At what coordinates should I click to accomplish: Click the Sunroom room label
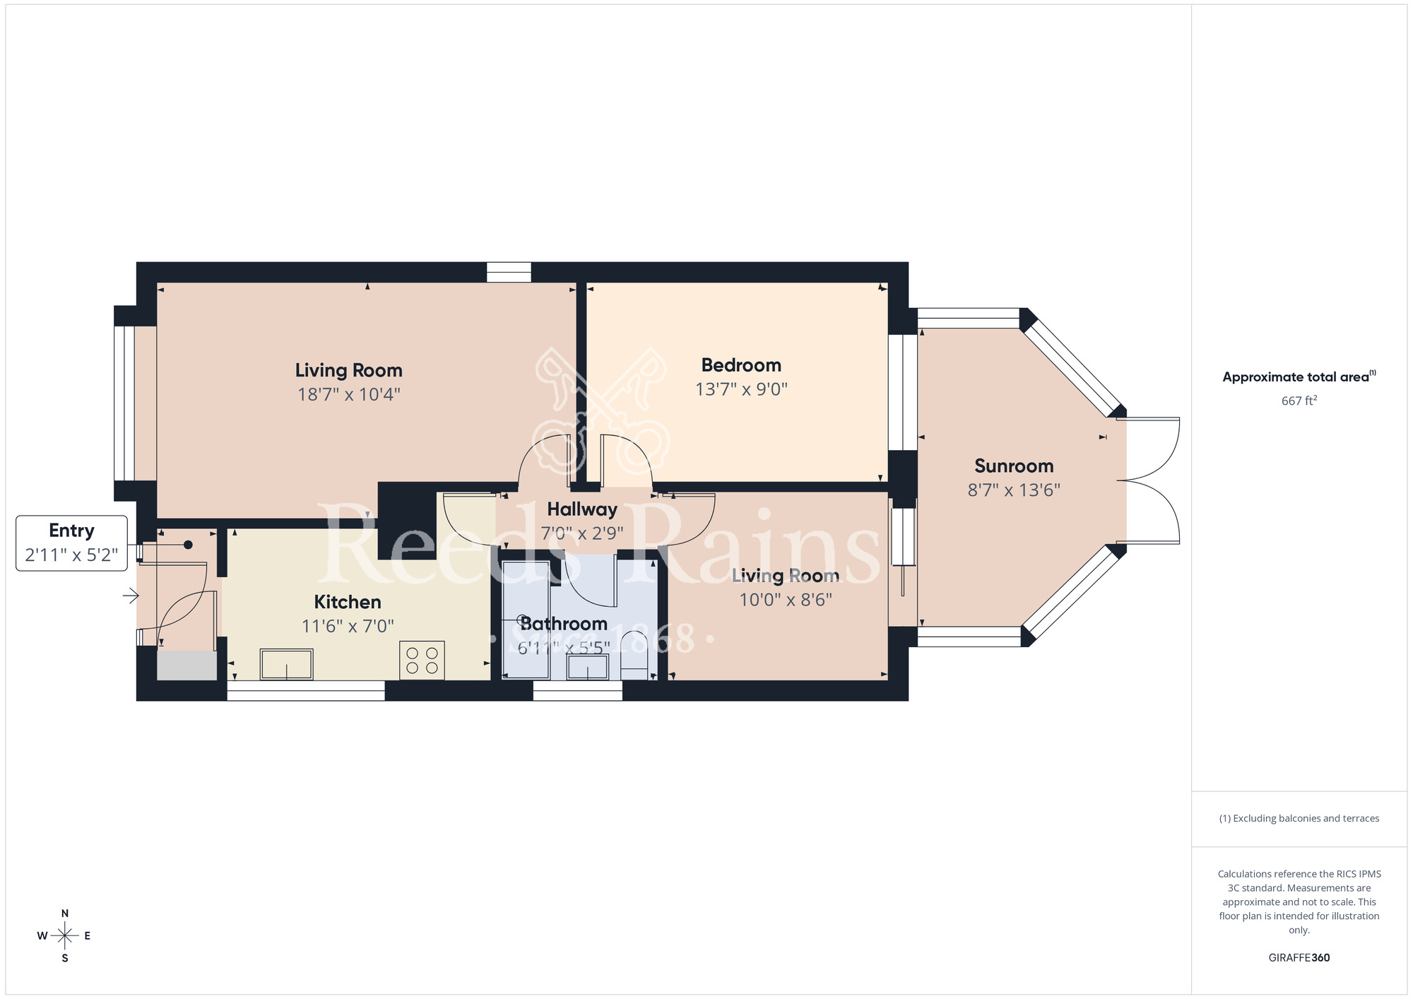(x=1014, y=466)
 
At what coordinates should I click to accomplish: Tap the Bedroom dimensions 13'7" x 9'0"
(x=741, y=389)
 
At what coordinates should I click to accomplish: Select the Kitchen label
(x=348, y=602)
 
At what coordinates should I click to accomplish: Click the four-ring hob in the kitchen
(x=422, y=661)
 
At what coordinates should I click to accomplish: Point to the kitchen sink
(x=286, y=664)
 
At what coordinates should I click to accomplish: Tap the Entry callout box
(x=71, y=543)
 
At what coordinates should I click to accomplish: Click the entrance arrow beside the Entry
(x=131, y=596)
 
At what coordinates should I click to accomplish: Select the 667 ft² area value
(x=1299, y=401)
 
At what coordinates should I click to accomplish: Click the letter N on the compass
(x=65, y=914)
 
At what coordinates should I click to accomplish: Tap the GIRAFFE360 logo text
(x=1299, y=958)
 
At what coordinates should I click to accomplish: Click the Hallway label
(x=582, y=509)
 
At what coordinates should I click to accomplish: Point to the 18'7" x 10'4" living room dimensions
(x=349, y=394)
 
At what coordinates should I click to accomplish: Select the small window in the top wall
(x=509, y=272)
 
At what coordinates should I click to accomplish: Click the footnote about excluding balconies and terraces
(x=1299, y=818)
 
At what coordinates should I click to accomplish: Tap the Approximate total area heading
(x=1299, y=377)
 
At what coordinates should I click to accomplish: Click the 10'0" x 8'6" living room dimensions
(x=786, y=600)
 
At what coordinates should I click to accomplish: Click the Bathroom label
(x=564, y=624)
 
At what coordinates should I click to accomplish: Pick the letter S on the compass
(x=65, y=959)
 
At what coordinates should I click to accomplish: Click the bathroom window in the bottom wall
(x=577, y=691)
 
